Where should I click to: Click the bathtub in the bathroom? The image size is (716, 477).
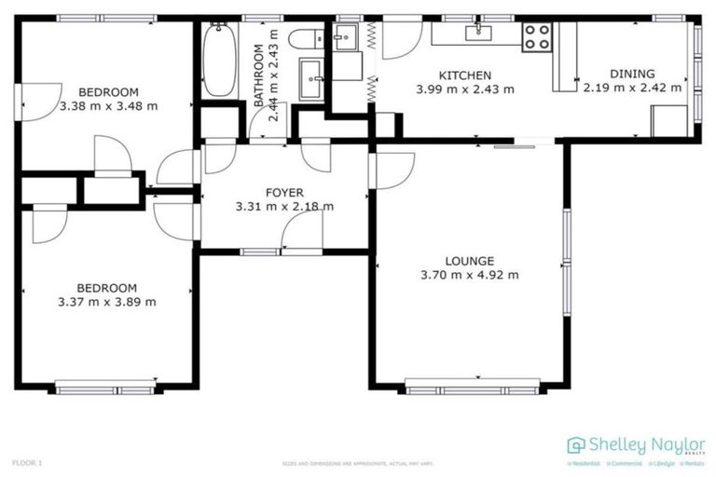219,61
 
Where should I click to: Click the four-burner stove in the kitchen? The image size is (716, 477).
536,37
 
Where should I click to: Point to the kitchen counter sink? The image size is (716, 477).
478,34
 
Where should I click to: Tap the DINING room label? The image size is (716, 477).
632,74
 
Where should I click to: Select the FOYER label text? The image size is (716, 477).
284,192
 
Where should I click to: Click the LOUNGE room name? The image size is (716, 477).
470,261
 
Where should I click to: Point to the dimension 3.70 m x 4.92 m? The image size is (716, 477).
470,275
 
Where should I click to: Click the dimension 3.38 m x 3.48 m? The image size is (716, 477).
108,105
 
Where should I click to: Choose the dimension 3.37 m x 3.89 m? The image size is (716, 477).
106,302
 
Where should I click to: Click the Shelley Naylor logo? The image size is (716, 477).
637,446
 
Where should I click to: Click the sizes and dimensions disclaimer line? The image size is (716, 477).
358,463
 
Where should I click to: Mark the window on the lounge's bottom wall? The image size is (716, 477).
473,384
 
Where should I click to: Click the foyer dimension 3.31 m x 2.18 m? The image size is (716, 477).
284,207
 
